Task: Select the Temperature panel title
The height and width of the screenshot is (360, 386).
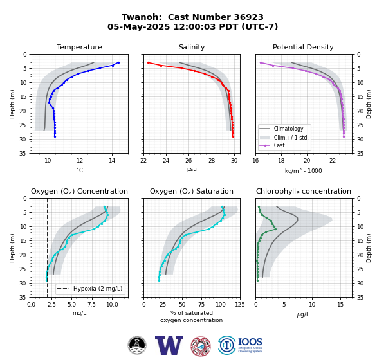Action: (x=79, y=47)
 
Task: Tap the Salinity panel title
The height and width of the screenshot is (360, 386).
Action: (x=192, y=47)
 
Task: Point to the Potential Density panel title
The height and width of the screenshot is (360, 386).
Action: (x=303, y=47)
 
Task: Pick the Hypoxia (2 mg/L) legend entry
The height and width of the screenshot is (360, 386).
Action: (x=90, y=289)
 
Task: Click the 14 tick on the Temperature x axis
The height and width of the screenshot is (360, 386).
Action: (x=112, y=161)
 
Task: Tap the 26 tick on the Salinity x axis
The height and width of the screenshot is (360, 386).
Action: (x=188, y=161)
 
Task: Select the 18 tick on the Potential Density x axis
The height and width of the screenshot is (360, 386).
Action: (x=281, y=161)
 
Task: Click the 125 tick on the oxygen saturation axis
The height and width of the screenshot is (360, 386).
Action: (x=240, y=305)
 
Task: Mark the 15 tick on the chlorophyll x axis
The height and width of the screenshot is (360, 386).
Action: (x=340, y=305)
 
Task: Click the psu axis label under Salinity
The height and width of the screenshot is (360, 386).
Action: (x=192, y=169)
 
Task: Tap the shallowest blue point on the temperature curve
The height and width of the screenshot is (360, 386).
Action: (x=118, y=62)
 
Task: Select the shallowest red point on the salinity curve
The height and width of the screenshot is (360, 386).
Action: (x=148, y=62)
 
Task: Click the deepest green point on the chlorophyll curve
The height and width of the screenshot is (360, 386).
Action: (x=257, y=280)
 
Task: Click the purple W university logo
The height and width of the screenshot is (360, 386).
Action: (x=169, y=345)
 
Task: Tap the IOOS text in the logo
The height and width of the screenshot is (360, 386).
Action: (x=250, y=342)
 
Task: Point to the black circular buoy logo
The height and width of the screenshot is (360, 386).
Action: (x=137, y=345)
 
